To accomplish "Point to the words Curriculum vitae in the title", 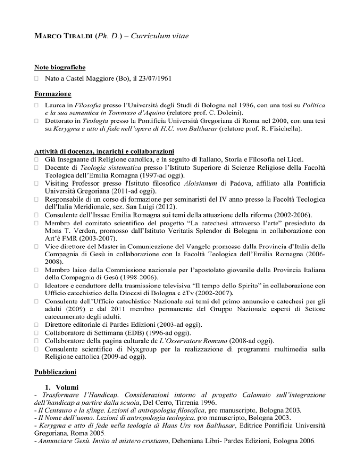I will click(x=161, y=35).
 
